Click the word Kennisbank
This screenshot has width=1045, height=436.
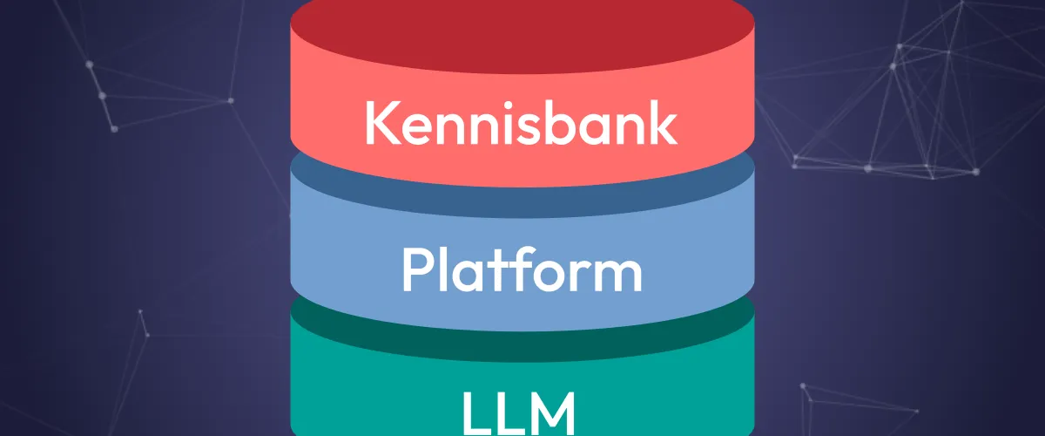521,123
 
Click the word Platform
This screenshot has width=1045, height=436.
522,270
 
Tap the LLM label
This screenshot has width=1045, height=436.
518,413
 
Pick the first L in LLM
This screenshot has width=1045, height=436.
475,413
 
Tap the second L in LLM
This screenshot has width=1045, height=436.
509,413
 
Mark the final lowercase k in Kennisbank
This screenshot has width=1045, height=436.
661,123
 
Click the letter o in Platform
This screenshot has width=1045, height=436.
545,276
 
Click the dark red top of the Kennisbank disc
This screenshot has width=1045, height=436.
522,34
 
